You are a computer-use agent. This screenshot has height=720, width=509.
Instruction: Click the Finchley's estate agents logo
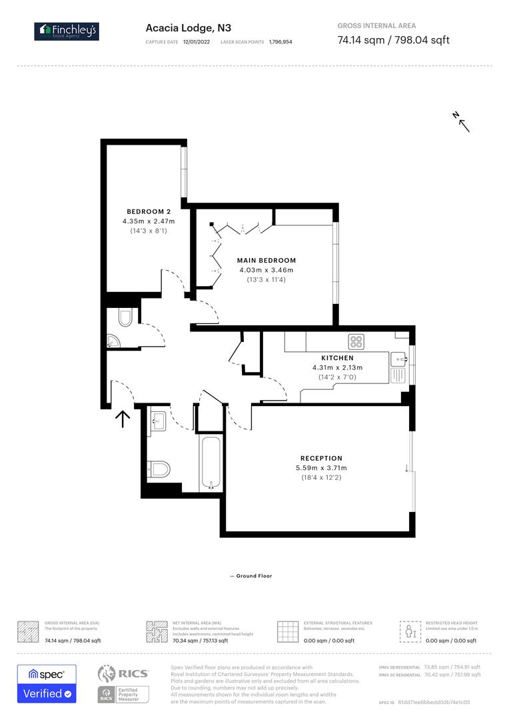point(67,30)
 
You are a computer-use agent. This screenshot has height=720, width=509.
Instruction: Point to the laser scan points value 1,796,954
point(280,41)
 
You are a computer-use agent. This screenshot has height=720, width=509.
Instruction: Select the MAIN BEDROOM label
point(266,261)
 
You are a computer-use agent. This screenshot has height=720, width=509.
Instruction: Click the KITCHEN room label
point(338,358)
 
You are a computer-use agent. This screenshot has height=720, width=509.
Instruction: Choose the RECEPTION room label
point(321,458)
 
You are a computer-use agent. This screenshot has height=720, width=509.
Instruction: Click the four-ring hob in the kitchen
point(356,342)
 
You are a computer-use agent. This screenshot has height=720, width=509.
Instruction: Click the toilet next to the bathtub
point(157,469)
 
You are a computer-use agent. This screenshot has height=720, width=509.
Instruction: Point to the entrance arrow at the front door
point(123,418)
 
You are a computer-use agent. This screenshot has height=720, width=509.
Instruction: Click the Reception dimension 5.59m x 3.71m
point(321,468)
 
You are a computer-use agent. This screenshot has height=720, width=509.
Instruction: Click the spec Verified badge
point(47,683)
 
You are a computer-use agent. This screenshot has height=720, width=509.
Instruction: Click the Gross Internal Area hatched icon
point(28,631)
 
